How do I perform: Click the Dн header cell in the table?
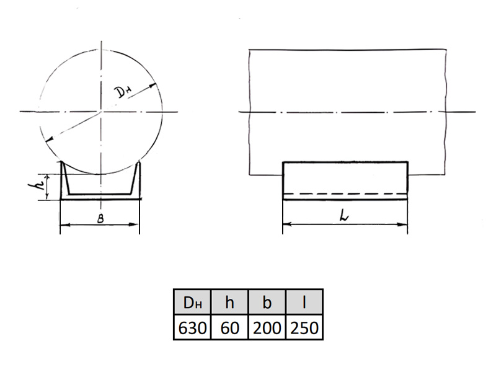tap(192, 302)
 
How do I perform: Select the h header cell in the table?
tap(229, 302)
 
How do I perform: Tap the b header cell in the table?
tap(267, 302)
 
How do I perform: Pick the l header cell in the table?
tap(304, 302)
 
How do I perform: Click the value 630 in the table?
tap(192, 328)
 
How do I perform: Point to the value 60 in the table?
tap(229, 328)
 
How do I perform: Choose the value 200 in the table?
tap(267, 328)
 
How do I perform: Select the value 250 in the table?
tap(304, 328)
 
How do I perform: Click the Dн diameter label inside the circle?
tap(123, 92)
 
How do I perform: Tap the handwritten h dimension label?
tap(37, 187)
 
